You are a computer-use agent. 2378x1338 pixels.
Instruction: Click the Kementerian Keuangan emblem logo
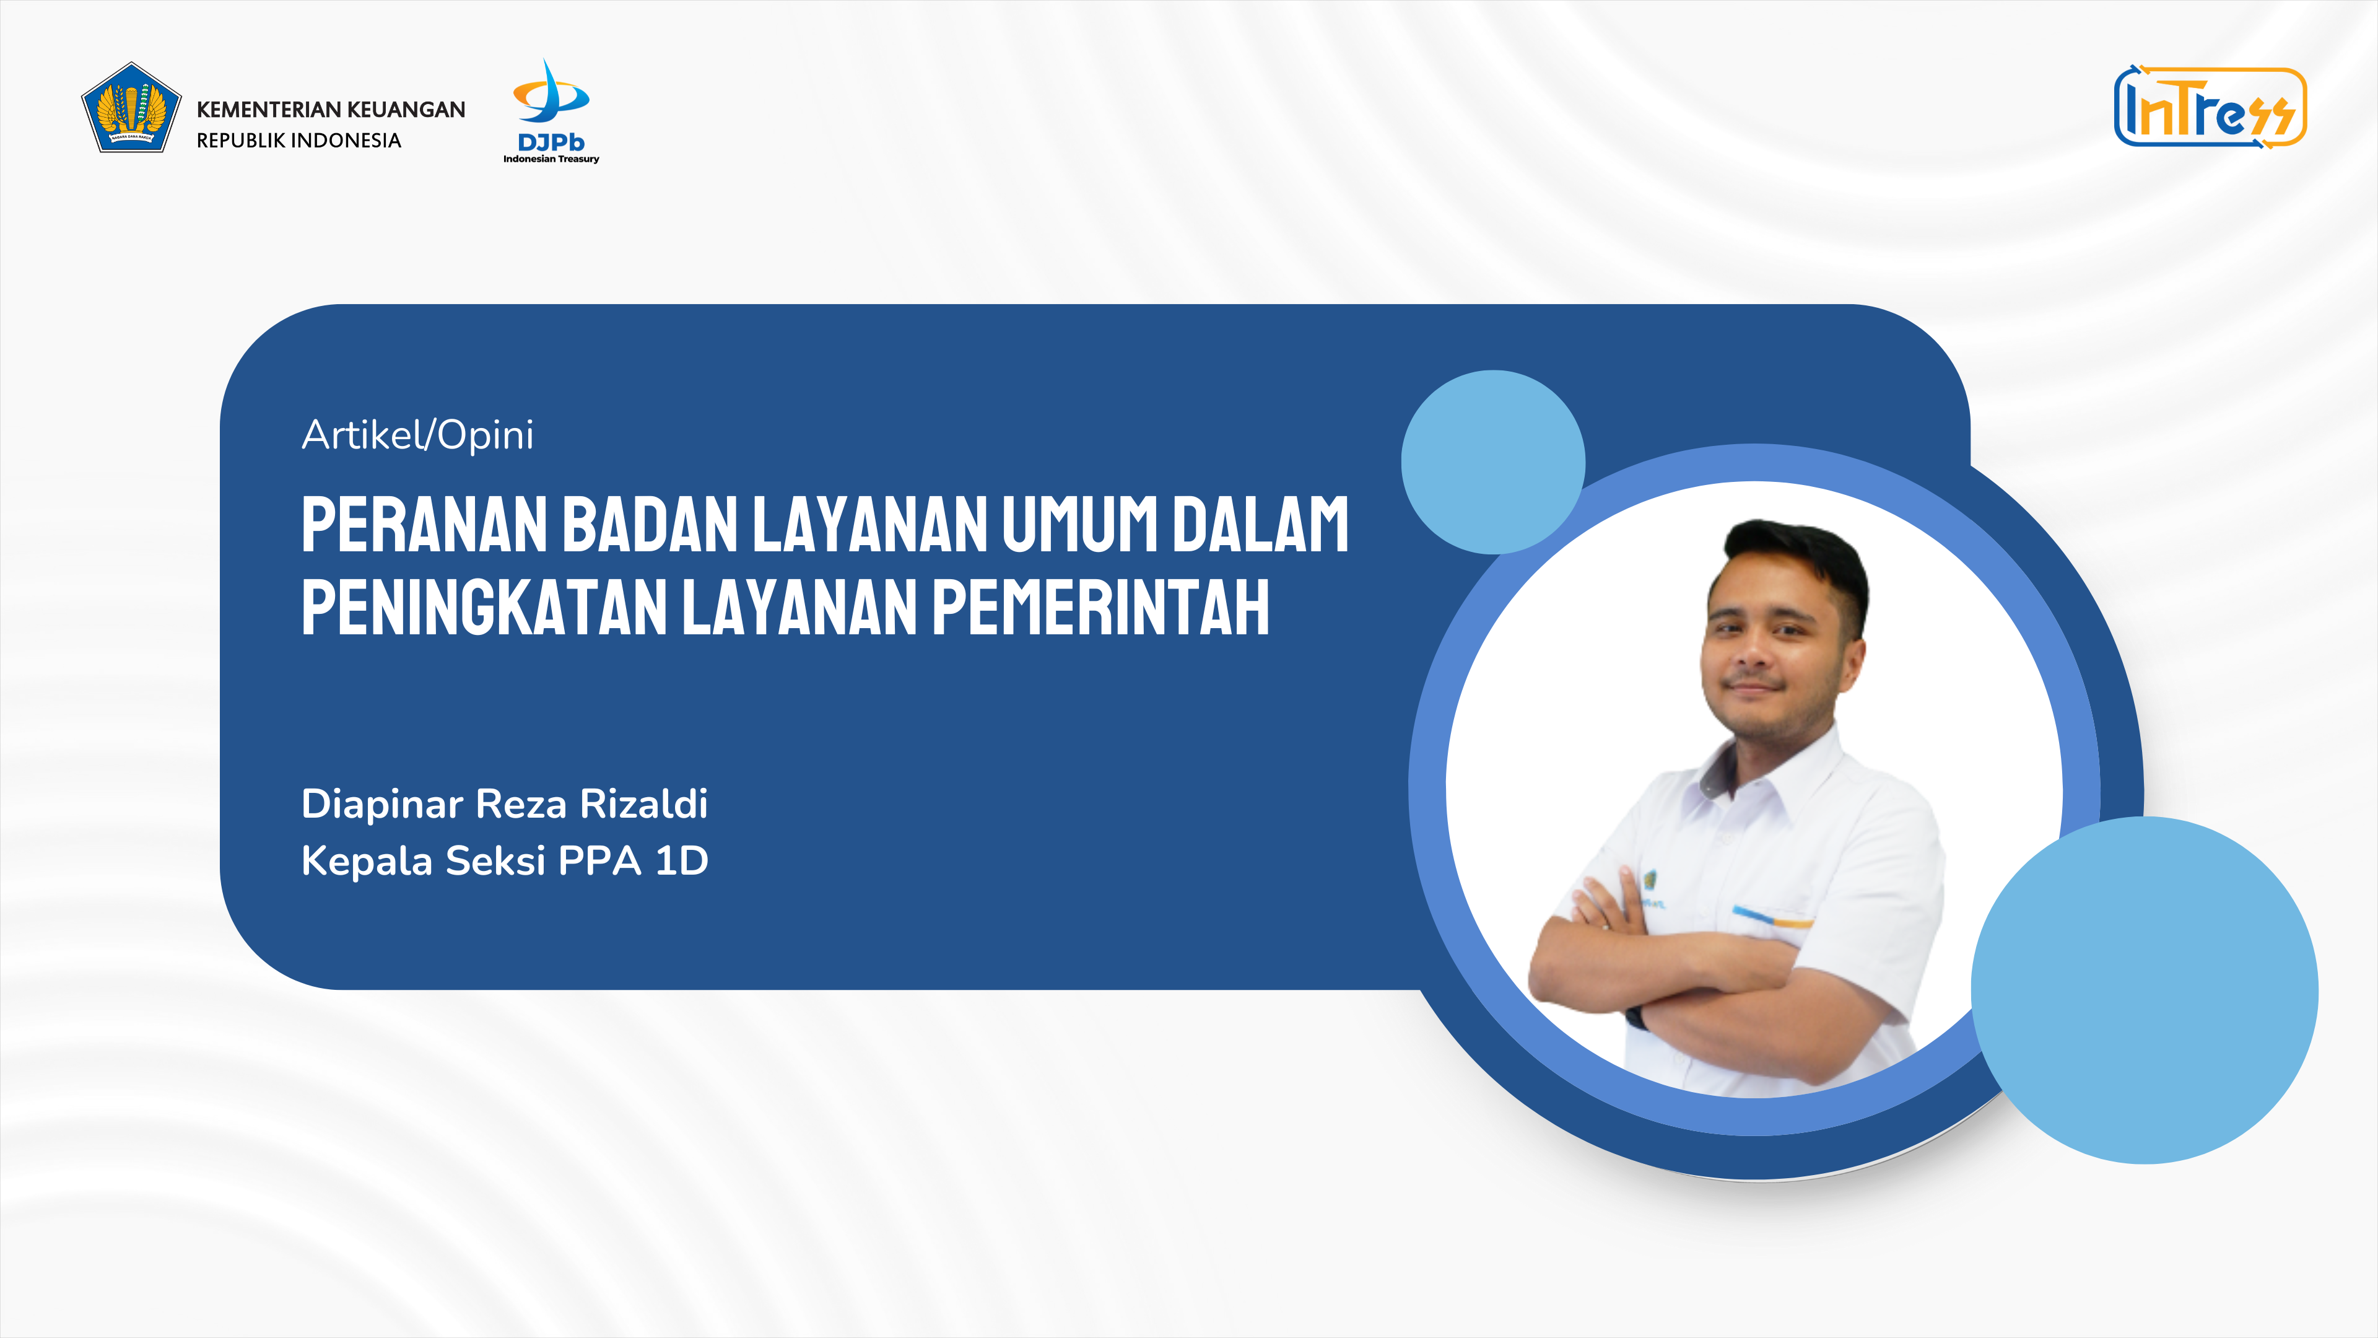coord(131,107)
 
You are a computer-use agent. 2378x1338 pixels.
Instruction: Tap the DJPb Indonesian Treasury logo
coord(551,111)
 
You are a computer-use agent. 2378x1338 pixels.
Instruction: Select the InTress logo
coord(2210,107)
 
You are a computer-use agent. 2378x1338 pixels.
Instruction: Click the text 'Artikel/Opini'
coord(417,435)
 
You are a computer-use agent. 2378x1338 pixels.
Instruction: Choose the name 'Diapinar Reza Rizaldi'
coord(505,804)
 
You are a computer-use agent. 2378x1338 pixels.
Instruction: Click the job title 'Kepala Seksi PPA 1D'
coord(505,860)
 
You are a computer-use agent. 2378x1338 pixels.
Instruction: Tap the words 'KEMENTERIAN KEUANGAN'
coord(331,109)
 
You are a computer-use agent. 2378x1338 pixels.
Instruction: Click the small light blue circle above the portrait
coord(1492,461)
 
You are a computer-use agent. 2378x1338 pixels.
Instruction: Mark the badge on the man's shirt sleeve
coord(1650,885)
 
